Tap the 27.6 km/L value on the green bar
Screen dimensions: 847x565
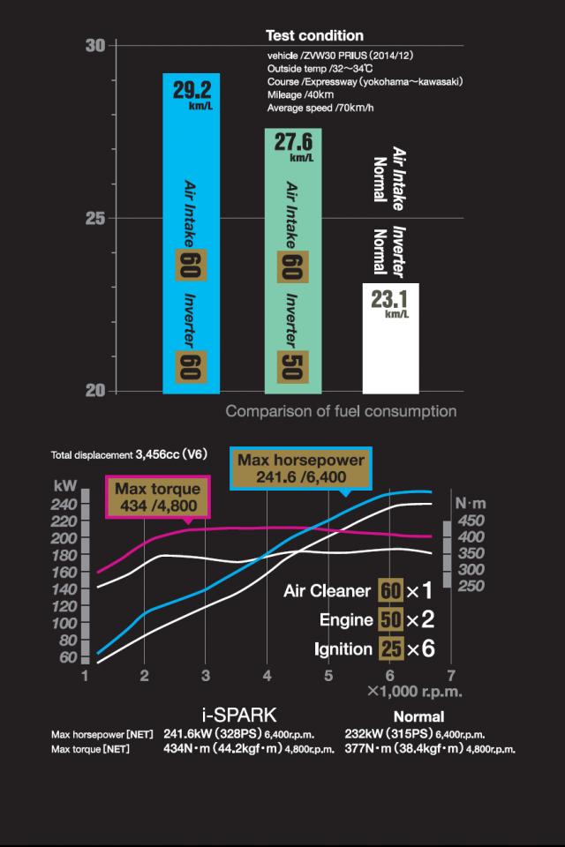click(x=293, y=146)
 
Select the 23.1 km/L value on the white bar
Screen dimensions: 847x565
click(x=389, y=301)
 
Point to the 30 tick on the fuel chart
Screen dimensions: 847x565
click(x=95, y=46)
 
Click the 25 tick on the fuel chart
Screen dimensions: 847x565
click(x=95, y=218)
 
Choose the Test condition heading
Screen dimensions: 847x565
click(x=314, y=36)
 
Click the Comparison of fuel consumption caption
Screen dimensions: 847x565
click(x=341, y=411)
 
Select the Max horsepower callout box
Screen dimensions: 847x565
click(x=301, y=468)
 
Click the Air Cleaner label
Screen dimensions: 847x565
click(x=328, y=590)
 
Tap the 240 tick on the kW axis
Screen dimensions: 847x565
click(x=67, y=504)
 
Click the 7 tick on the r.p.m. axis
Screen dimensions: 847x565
click(x=450, y=675)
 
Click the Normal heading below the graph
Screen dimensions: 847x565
click(x=418, y=716)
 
